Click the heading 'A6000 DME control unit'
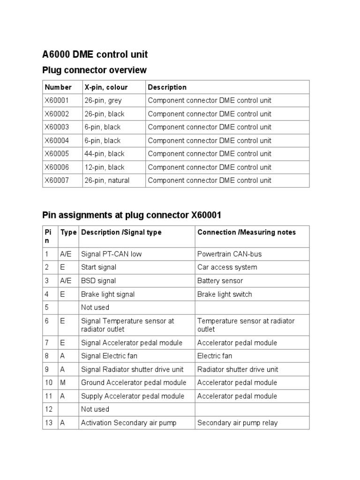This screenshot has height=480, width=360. pyautogui.click(x=95, y=54)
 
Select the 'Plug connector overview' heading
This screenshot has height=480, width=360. pyautogui.click(x=94, y=70)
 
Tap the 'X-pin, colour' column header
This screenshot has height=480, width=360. pyautogui.click(x=106, y=87)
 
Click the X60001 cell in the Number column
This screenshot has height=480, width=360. pyautogui.click(x=56, y=100)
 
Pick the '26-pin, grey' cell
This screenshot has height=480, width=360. pyautogui.click(x=103, y=100)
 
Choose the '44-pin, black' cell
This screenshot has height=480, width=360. pyautogui.click(x=104, y=154)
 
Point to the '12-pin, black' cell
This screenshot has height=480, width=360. pyautogui.click(x=104, y=167)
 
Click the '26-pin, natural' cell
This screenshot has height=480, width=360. pyautogui.click(x=107, y=180)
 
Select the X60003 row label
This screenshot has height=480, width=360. pyautogui.click(x=56, y=127)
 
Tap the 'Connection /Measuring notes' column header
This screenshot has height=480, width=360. pyautogui.click(x=247, y=232)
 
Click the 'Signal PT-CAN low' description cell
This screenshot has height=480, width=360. pyautogui.click(x=111, y=254)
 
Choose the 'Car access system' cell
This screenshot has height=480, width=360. pyautogui.click(x=227, y=267)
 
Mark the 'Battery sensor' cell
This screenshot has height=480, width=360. pyautogui.click(x=220, y=281)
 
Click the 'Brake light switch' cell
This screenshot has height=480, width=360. pyautogui.click(x=224, y=294)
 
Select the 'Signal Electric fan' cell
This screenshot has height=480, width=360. pyautogui.click(x=109, y=356)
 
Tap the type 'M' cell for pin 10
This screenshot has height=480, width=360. pyautogui.click(x=62, y=382)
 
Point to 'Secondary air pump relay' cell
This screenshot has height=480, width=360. pyautogui.click(x=237, y=423)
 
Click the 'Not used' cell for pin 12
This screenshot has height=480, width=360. pyautogui.click(x=95, y=409)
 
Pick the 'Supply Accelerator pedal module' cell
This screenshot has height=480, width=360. pyautogui.click(x=133, y=396)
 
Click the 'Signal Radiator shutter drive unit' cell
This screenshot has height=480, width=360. pyautogui.click(x=132, y=369)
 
